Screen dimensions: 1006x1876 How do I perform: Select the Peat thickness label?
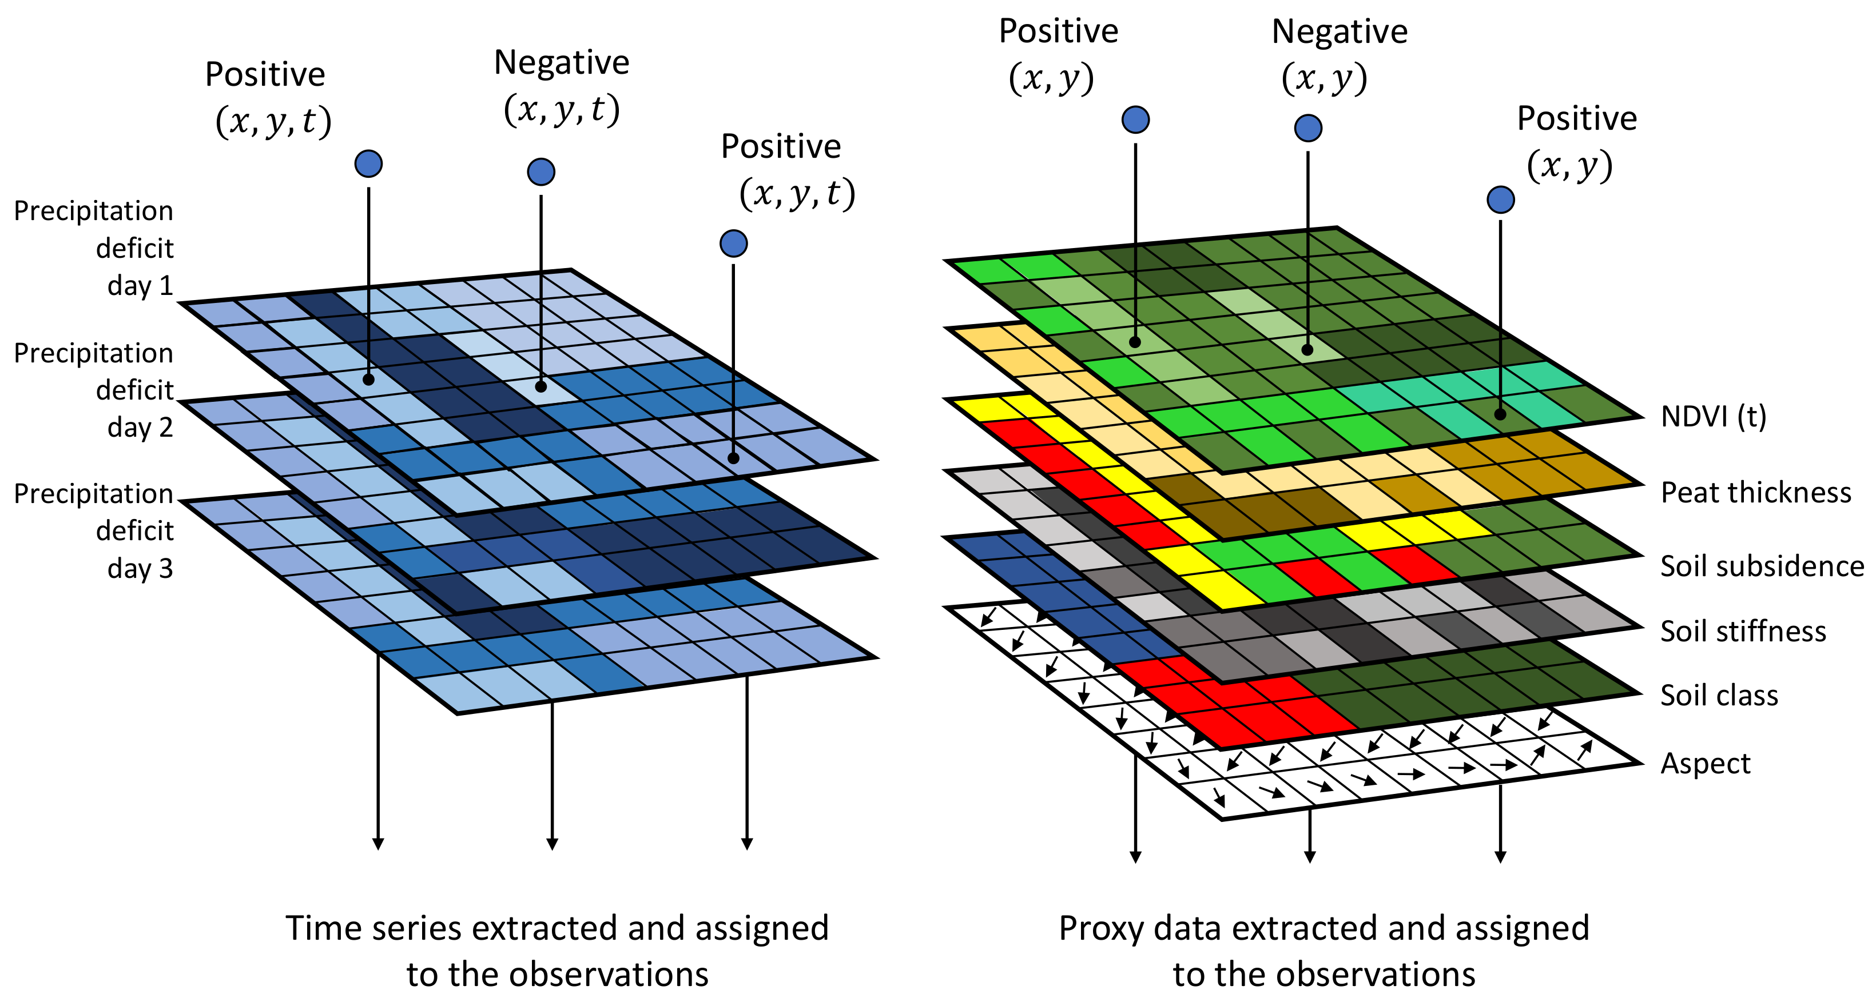point(1755,493)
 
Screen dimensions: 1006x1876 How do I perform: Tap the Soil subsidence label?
point(1762,566)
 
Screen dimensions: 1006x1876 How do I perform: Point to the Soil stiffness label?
point(1743,631)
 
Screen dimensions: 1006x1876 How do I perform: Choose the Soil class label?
point(1719,696)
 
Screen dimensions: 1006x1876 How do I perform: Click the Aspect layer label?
point(1705,764)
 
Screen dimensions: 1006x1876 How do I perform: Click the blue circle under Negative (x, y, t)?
point(541,172)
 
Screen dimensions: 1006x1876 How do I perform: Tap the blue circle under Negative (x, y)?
point(1308,128)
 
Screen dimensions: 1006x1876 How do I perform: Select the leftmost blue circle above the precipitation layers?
point(368,164)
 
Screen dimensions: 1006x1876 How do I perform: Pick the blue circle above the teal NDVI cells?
point(1500,199)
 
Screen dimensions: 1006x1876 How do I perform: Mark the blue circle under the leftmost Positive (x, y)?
point(1135,119)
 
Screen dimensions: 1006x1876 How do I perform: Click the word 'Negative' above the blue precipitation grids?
point(562,63)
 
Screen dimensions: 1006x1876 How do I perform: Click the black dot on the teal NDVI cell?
point(1500,415)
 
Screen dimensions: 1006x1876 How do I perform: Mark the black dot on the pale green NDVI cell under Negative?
point(1307,350)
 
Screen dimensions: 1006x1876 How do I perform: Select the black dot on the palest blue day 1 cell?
point(540,386)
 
